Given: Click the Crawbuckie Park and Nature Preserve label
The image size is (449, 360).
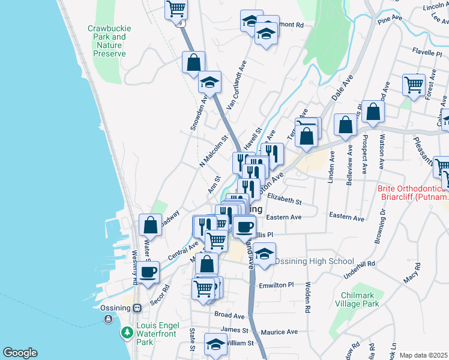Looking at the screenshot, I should pos(107,41).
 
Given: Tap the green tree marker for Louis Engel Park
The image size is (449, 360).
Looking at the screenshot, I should pos(127,332).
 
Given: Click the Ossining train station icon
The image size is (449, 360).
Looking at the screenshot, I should pos(137,308).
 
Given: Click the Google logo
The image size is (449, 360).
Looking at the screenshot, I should pos(20,353).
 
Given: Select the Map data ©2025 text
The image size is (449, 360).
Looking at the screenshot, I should pos(423,355).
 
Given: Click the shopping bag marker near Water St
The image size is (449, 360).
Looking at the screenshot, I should pos(150,225).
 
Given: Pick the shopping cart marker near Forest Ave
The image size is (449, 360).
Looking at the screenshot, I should pos(414,85).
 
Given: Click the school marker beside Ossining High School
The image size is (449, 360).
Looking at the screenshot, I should pos(264,253).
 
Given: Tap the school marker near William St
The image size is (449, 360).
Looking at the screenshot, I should pos(215,343).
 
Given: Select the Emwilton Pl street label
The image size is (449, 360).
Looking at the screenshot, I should pos(276,286).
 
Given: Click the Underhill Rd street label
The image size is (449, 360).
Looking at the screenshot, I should pos(358,263).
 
